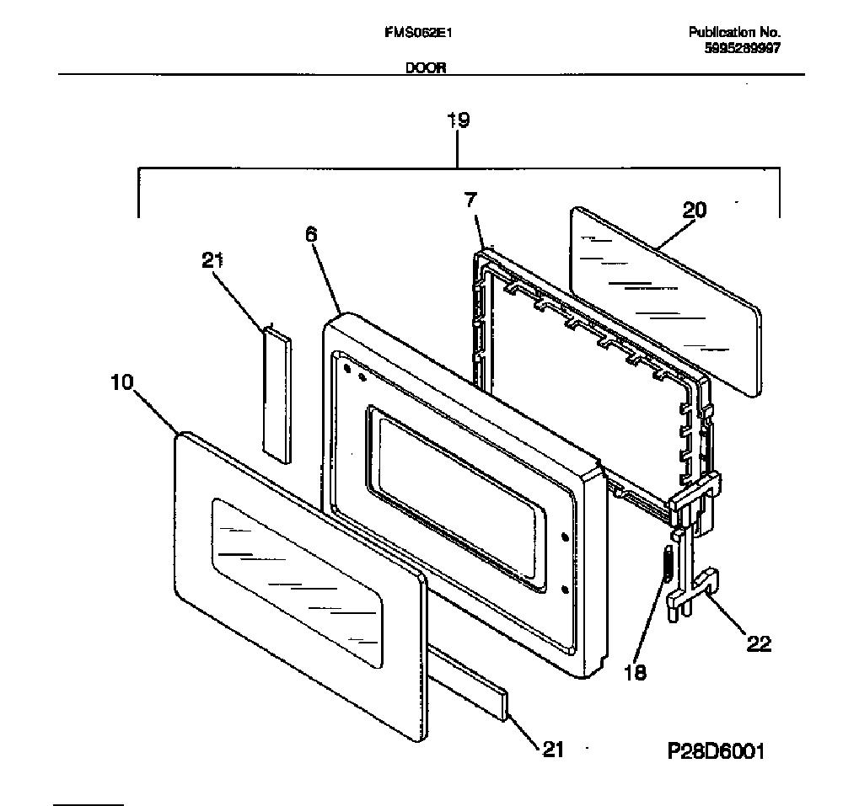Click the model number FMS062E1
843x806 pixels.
tap(418, 33)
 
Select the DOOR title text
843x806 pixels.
tap(425, 67)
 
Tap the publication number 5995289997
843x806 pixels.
tap(743, 48)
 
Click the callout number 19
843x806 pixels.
tap(459, 120)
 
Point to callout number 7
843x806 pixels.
tap(470, 200)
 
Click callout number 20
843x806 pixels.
tap(694, 210)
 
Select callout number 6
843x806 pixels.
tap(311, 235)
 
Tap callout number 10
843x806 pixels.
tap(121, 382)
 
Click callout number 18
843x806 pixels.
tap(635, 672)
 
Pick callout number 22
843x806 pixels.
tap(759, 643)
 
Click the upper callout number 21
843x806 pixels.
tap(212, 260)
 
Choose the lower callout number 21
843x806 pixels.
tap(553, 749)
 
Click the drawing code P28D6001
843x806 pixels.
tap(716, 750)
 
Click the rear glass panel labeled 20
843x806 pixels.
tap(666, 302)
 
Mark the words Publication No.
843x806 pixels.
tap(735, 32)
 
